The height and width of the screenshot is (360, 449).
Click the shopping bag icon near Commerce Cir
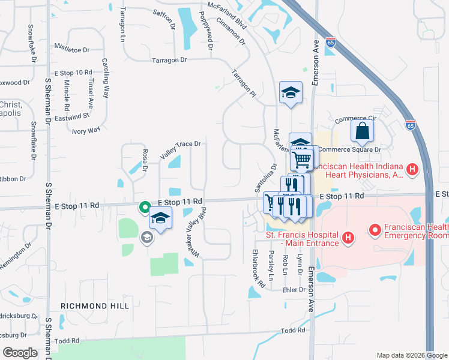pyautogui.click(x=363, y=130)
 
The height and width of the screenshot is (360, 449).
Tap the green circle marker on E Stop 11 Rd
pyautogui.click(x=145, y=208)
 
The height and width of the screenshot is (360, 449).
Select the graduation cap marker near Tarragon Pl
pyautogui.click(x=291, y=92)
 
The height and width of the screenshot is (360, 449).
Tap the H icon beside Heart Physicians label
pyautogui.click(x=412, y=170)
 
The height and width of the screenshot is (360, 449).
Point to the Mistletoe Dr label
pyautogui.click(x=71, y=50)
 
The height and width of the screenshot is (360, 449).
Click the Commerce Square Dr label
pyautogui.click(x=349, y=149)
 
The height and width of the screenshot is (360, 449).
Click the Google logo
pyautogui.click(x=20, y=353)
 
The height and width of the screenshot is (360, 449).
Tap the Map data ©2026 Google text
pyautogui.click(x=411, y=355)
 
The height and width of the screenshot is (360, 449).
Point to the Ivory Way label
pyautogui.click(x=86, y=130)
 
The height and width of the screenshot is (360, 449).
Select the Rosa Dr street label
pyautogui.click(x=145, y=161)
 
